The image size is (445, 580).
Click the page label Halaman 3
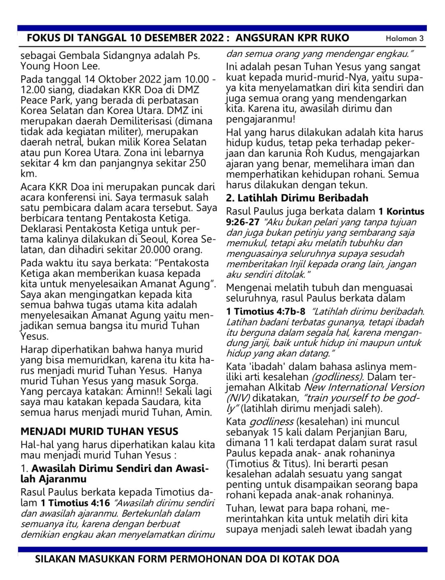(404, 39)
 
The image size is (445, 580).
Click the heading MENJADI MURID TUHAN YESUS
(99, 432)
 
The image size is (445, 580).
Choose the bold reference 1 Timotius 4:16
(75, 503)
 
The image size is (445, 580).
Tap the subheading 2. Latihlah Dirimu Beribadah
(297, 198)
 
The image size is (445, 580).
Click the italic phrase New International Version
(364, 388)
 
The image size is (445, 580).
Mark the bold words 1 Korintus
(401, 212)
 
